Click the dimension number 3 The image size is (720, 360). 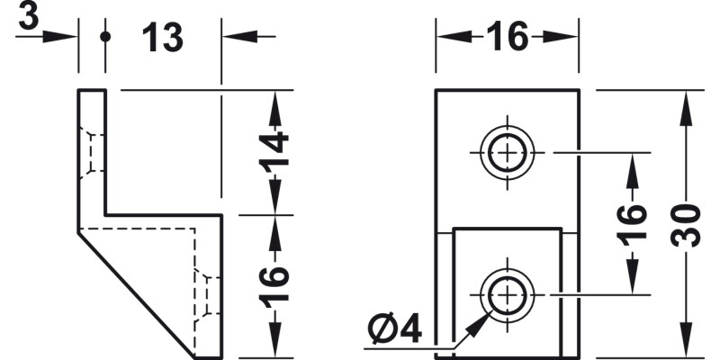(29, 17)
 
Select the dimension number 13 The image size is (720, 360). (163, 37)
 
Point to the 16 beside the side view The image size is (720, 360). (274, 284)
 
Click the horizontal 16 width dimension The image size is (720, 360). (508, 37)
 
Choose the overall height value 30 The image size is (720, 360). (686, 226)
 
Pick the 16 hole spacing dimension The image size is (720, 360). (632, 226)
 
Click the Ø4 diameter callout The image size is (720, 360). (394, 328)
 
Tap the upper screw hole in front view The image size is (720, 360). (508, 152)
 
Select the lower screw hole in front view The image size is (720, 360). (508, 294)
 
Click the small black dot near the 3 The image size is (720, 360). (105, 37)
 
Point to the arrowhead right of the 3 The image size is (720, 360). (59, 37)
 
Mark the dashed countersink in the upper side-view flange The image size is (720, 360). (92, 152)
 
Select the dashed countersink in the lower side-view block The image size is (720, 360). (208, 296)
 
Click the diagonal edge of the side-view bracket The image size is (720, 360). (137, 294)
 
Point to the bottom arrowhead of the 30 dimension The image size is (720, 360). (686, 339)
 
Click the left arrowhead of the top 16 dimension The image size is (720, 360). (454, 37)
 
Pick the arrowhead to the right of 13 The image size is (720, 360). (239, 37)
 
